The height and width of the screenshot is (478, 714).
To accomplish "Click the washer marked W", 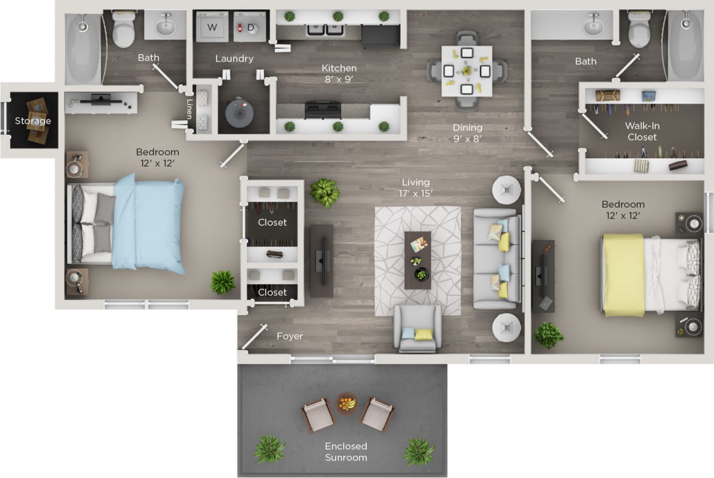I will [212, 27].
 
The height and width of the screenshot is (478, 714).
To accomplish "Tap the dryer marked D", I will [250, 27].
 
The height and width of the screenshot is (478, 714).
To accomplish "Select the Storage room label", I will [33, 121].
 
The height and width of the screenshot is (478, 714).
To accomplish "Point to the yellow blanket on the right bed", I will [624, 274].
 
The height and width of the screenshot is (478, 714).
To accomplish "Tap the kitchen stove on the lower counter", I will [323, 109].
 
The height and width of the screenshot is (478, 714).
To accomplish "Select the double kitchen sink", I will [324, 29].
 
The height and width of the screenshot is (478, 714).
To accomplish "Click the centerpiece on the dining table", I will [467, 71].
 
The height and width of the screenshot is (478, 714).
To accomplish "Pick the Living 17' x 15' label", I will [415, 188].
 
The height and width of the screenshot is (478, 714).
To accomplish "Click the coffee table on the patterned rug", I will [418, 260].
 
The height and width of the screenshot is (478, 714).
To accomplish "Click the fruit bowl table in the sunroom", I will [346, 403].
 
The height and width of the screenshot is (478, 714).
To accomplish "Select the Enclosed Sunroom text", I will [346, 451].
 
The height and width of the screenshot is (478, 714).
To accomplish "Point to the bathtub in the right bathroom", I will [685, 45].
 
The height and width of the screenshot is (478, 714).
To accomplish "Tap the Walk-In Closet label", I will [641, 131].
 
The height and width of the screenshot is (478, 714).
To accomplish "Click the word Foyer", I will [290, 336].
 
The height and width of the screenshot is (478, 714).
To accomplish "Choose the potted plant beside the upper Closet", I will [325, 193].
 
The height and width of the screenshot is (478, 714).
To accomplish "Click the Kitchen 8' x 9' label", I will [339, 74].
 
